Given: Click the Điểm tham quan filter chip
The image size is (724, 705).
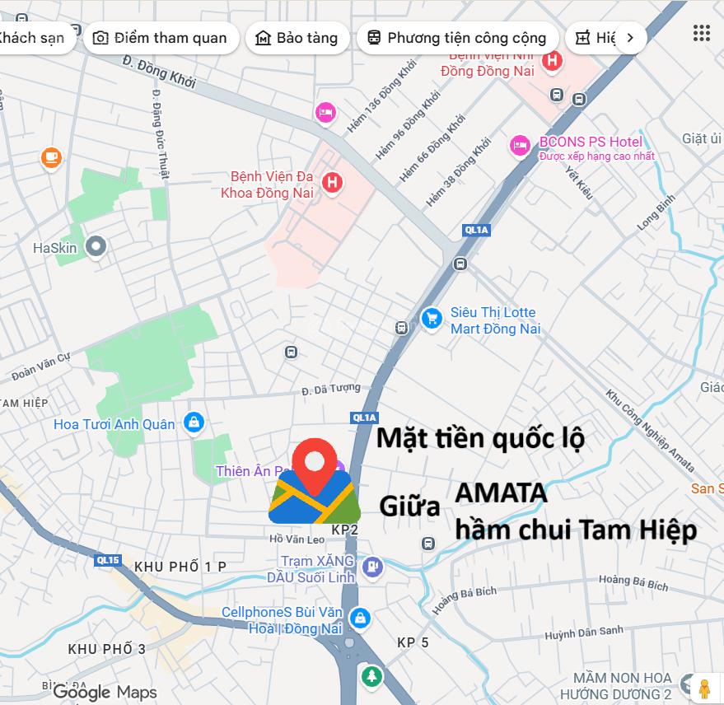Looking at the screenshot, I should tap(160, 38).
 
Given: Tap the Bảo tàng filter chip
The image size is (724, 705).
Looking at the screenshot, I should tap(296, 38).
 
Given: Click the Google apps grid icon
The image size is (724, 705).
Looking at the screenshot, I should tap(701, 33).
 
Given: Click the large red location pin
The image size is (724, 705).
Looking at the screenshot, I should tap(315, 465).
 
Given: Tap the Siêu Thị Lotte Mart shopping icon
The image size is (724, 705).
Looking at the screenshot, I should tap(431, 320).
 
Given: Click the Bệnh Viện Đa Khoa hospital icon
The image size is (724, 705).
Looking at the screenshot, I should tap(332, 183).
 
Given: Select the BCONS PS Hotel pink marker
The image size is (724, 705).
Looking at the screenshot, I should tap(519, 146).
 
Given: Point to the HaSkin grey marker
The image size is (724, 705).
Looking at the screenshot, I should tap(96, 246).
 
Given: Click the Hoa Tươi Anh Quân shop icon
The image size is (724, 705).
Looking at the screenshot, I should tap(194, 423).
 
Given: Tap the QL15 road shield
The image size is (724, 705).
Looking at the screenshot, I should tap(108, 561).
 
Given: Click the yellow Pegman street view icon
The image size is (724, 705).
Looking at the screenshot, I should tap(703, 688).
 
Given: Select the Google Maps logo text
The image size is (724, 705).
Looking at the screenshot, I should tap(105, 692).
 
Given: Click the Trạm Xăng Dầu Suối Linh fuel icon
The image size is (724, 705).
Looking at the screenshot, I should tap(373, 567).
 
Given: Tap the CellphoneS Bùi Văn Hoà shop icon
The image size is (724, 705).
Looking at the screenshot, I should tap(359, 618).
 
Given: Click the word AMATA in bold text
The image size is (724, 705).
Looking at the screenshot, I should tap(501, 493).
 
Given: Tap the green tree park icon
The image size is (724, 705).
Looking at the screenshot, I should tap(371, 677).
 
